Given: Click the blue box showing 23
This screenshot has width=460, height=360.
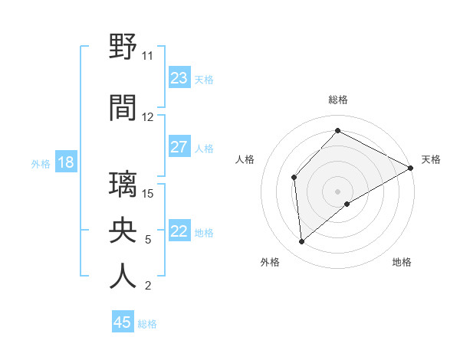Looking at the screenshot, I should (x=179, y=78).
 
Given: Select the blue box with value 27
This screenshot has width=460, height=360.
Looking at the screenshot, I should (x=179, y=147).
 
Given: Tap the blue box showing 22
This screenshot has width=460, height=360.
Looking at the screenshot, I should (x=179, y=231).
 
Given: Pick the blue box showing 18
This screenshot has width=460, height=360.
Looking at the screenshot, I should (x=65, y=162).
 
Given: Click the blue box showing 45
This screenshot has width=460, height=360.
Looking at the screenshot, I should (x=123, y=322).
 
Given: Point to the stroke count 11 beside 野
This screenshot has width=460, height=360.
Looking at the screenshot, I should (x=147, y=56).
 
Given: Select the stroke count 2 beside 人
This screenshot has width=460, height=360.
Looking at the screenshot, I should (x=147, y=286).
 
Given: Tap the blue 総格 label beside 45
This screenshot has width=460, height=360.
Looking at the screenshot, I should (x=147, y=324).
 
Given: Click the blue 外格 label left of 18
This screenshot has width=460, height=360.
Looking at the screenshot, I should (x=40, y=163).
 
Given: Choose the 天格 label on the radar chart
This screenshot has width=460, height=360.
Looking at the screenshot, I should (x=431, y=159).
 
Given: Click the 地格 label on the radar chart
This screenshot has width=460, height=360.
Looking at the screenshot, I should (x=402, y=262).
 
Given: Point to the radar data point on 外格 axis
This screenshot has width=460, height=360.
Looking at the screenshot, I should (x=302, y=242).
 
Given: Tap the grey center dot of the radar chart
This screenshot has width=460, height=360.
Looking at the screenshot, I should (x=337, y=191).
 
